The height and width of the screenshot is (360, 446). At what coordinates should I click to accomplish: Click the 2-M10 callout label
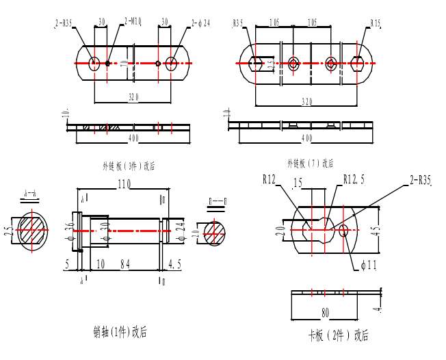click(133, 23)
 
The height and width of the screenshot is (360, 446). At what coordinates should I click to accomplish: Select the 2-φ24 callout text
click(200, 23)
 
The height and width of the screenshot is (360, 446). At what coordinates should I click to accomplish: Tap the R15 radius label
click(376, 23)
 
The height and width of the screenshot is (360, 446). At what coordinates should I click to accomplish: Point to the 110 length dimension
click(124, 185)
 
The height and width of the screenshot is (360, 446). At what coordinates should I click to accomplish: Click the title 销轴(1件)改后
click(120, 333)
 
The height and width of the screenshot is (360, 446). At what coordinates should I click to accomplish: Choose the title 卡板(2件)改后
click(338, 335)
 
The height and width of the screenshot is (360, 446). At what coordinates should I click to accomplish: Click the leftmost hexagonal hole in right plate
click(255, 64)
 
